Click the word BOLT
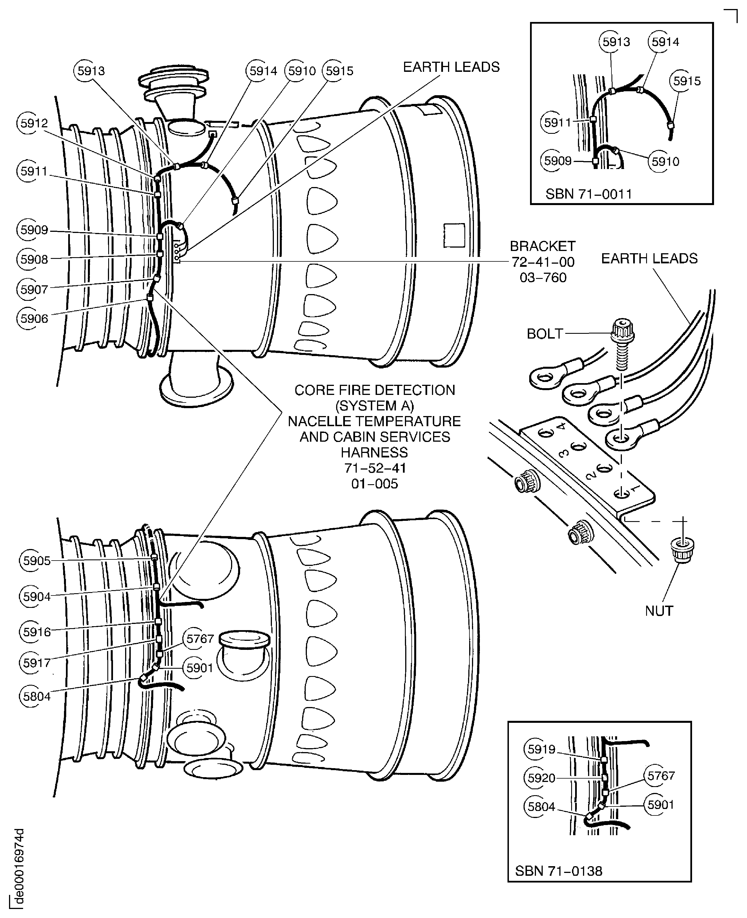click(x=545, y=334)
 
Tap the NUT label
click(x=659, y=611)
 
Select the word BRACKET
click(x=543, y=246)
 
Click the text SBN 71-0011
click(x=589, y=194)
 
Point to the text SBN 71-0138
click(x=558, y=871)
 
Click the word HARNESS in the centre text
click(x=374, y=453)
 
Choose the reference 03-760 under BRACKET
click(x=543, y=277)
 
